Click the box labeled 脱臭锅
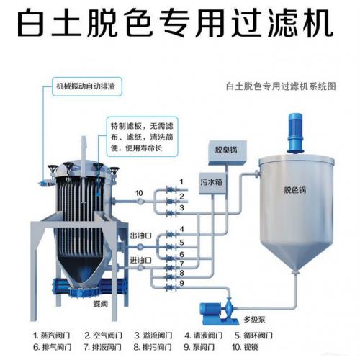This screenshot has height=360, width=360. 226,152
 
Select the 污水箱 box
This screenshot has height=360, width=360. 212,184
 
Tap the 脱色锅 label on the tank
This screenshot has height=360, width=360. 295,190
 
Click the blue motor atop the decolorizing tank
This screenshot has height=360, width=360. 295,132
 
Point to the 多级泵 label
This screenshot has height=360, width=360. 254,320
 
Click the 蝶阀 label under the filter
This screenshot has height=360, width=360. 100,304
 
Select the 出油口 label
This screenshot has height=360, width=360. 141,235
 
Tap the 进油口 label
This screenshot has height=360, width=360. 141,260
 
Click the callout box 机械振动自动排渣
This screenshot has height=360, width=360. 87,86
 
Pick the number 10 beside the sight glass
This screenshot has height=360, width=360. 139,193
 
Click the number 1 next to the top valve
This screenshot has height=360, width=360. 181,182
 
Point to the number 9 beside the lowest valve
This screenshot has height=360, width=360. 181,283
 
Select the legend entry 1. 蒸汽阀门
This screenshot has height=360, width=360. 52,336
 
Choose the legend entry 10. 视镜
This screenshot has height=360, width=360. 245,347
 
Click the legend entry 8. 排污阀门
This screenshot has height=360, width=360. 153,347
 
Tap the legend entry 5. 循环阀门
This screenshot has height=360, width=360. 253,336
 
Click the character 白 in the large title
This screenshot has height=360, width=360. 32,22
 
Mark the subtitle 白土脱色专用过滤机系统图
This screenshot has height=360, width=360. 281,86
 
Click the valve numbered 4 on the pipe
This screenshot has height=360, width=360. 171,234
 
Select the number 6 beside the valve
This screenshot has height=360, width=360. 181,254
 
